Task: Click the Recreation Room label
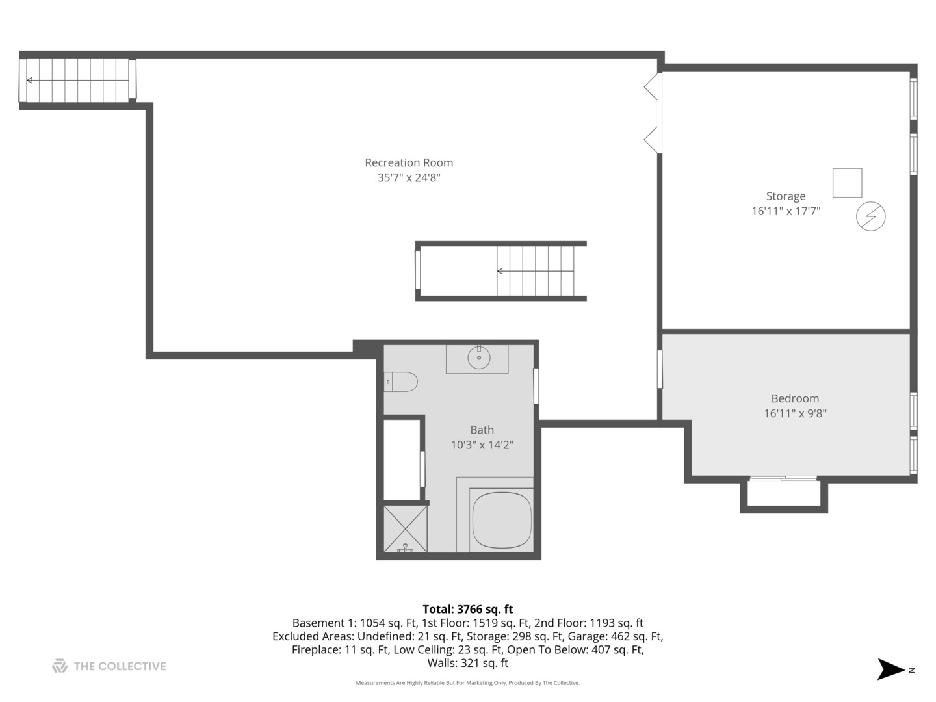click(x=409, y=163)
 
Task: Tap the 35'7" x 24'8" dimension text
click(x=409, y=177)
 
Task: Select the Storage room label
click(x=785, y=196)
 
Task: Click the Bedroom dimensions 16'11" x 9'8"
click(x=795, y=413)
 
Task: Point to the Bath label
click(x=482, y=430)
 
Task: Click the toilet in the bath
click(x=401, y=382)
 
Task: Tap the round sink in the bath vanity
click(x=479, y=357)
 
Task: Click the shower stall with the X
click(x=405, y=528)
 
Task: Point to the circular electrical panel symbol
click(x=870, y=216)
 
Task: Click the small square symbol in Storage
click(x=847, y=183)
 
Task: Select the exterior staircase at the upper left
click(x=78, y=81)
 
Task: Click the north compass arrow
click(x=891, y=669)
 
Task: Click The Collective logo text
click(x=120, y=666)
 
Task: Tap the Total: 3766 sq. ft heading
click(x=467, y=609)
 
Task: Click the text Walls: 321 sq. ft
click(x=467, y=664)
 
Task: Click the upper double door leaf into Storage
click(x=652, y=86)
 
